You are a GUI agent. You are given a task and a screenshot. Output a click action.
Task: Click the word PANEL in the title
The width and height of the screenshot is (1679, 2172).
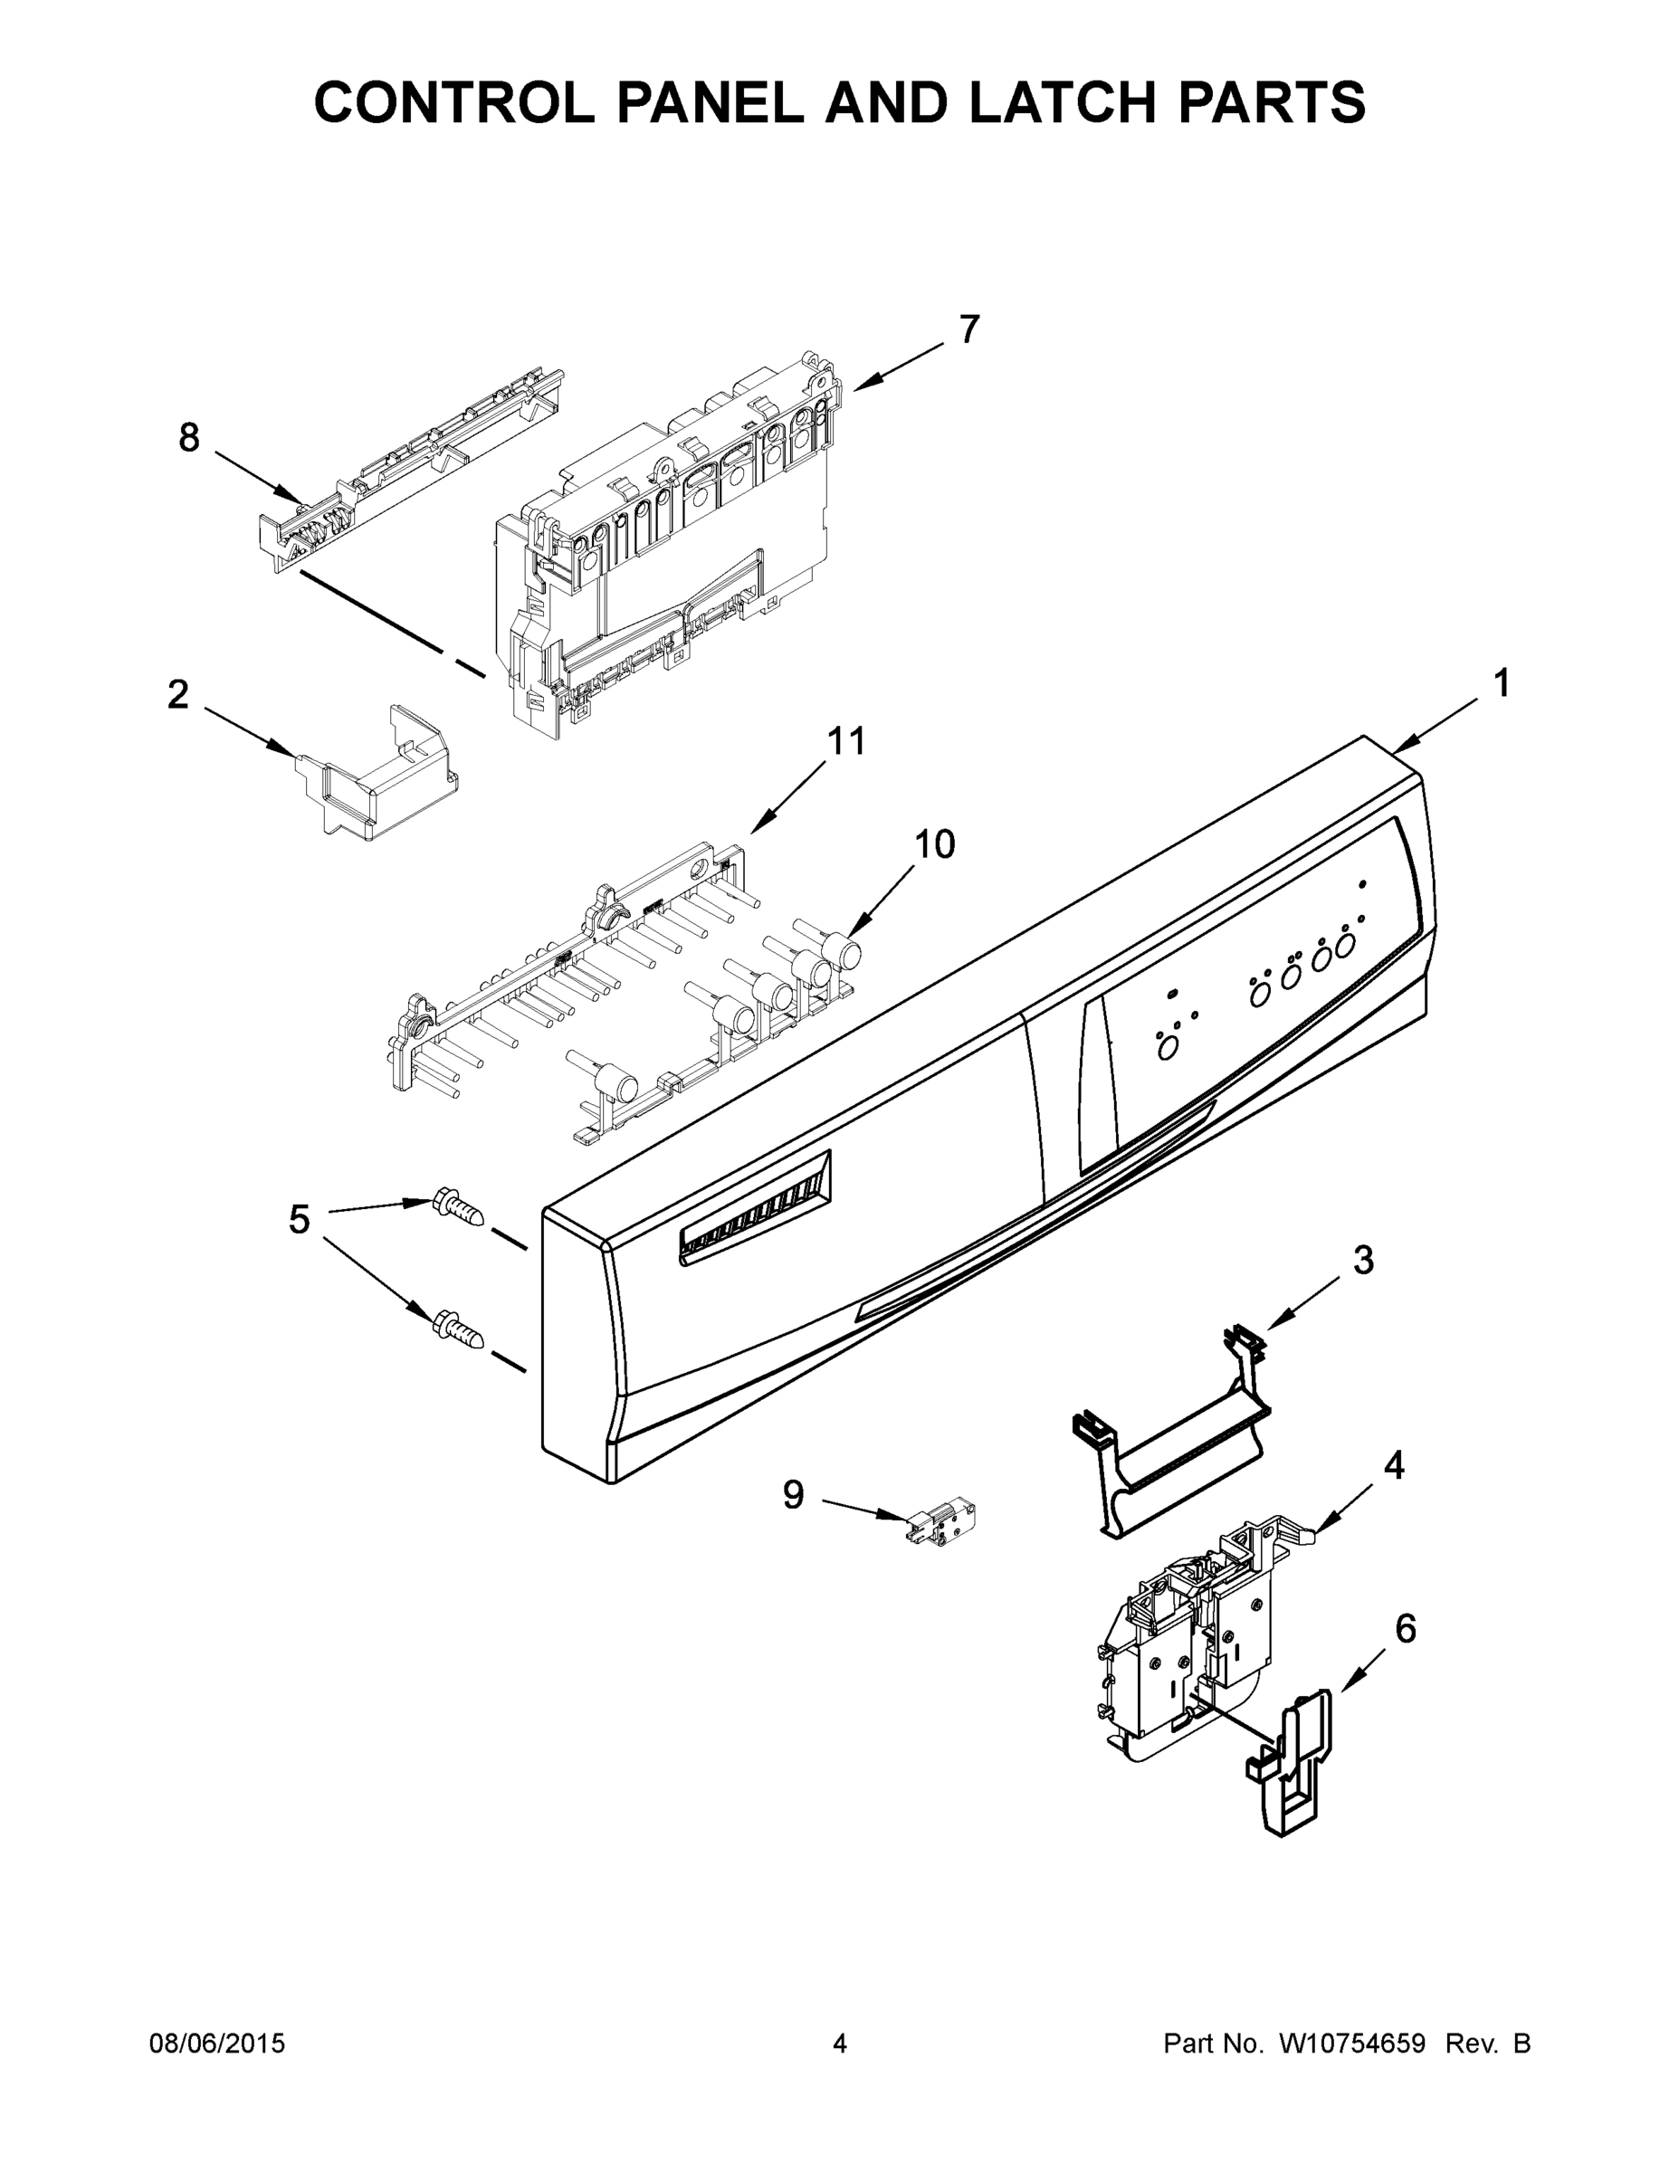click(710, 101)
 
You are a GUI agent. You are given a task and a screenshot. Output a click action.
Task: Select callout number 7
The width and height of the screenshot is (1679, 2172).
click(969, 329)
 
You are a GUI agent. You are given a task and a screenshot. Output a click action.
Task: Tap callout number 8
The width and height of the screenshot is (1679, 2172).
click(189, 438)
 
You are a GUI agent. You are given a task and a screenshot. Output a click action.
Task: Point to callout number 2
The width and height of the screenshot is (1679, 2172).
click(178, 694)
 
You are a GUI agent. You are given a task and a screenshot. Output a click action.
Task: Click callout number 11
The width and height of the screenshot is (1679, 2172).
click(846, 741)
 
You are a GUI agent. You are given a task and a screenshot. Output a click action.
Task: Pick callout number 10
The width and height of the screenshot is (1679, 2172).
click(934, 844)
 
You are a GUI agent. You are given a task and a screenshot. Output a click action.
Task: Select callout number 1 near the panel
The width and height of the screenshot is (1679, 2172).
click(1501, 683)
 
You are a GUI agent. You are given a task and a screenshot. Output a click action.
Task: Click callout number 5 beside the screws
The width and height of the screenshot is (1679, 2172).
click(300, 1219)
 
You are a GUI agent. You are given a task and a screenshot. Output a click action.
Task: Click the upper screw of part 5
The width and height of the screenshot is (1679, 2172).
click(458, 1210)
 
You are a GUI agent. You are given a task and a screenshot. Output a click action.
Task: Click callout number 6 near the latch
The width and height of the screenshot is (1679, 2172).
click(1405, 1629)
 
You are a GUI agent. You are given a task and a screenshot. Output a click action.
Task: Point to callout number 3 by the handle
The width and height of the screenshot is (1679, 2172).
click(1364, 1260)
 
